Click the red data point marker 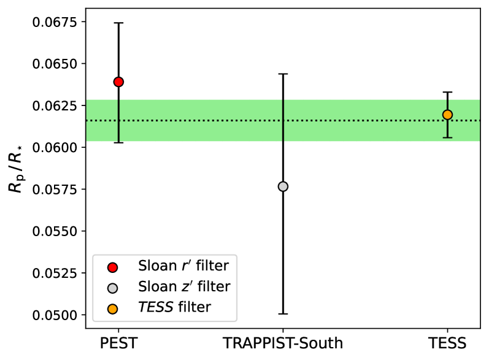[118, 82]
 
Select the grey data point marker [283, 186]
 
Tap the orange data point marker [447, 115]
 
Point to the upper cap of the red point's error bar [118, 23]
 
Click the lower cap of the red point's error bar [118, 142]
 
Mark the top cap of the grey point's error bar [283, 74]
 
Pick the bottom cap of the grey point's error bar [283, 313]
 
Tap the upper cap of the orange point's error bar [447, 92]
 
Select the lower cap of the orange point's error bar [447, 137]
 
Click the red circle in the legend [112, 267]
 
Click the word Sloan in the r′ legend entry [156, 266]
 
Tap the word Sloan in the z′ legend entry [156, 287]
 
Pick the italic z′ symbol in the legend [185, 287]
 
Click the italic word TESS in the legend [156, 308]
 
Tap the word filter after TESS [194, 308]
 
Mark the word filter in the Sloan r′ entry [212, 266]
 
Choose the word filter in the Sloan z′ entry [213, 287]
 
